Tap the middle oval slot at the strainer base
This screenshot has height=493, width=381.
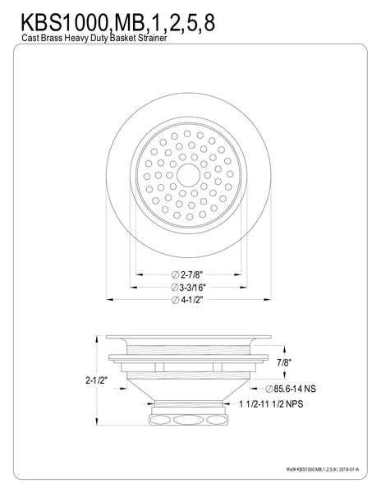point(190,419)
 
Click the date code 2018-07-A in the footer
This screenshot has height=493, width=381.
point(351,472)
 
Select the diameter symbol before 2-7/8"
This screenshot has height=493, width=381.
point(175,275)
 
